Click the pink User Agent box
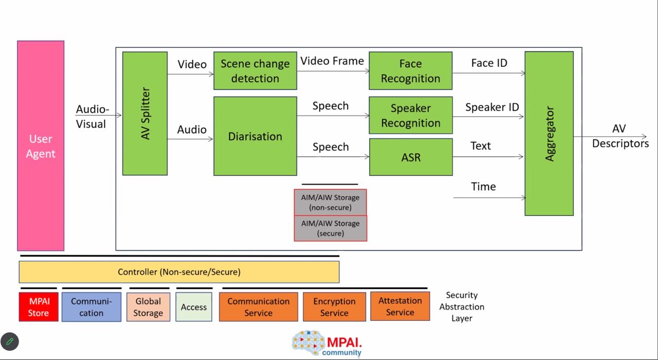41,146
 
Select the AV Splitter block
144,114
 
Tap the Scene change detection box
255,71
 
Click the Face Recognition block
410,71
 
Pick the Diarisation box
255,136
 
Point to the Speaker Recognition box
410,116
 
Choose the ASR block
410,157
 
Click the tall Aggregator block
549,133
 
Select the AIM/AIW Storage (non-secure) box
330,202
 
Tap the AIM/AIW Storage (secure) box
330,228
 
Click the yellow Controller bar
179,272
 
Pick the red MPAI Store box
38,307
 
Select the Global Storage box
148,307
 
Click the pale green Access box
194,307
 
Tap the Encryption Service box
334,307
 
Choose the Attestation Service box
400,307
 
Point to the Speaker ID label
492,107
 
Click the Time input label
483,187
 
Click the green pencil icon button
10,341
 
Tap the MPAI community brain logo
309,343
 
